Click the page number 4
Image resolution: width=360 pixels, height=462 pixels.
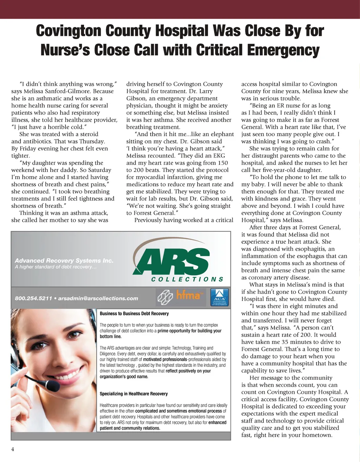tap(13, 449)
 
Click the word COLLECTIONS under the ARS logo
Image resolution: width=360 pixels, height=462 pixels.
tap(187, 280)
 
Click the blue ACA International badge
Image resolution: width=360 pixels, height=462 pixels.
tap(219, 297)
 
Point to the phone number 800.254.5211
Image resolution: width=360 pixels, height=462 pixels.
tap(33, 299)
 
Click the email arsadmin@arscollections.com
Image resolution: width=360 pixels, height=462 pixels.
tap(98, 299)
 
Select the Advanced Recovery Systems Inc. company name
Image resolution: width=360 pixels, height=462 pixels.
tap(64, 261)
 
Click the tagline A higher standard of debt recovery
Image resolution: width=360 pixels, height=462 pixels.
tap(56, 267)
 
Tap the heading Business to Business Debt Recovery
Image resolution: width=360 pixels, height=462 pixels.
tap(134, 314)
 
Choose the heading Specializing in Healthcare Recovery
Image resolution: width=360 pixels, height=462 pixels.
tap(134, 394)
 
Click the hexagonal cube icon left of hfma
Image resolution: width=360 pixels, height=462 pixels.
tap(164, 297)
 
